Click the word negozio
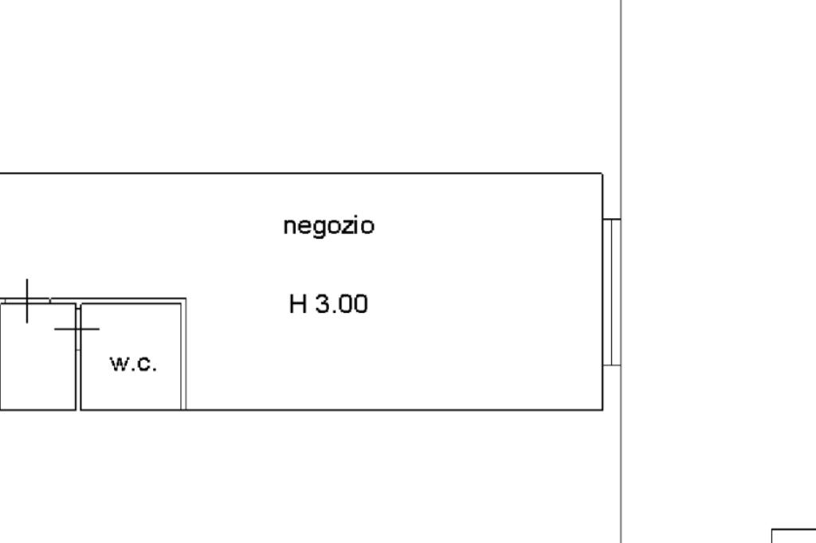click(328, 227)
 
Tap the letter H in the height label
click(297, 304)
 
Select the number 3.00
click(342, 304)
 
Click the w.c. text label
click(133, 364)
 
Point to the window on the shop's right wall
click(611, 291)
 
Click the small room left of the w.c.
click(37, 357)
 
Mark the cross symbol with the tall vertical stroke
click(28, 301)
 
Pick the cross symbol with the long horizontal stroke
click(77, 328)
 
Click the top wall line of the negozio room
click(319, 174)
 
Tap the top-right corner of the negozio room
click(602, 174)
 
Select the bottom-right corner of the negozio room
click(602, 410)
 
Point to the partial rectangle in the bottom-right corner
click(794, 535)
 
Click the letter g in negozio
click(312, 229)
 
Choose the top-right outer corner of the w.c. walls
click(186, 299)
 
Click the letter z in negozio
click(343, 227)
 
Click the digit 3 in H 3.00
click(323, 304)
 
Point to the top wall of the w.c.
click(131, 301)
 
